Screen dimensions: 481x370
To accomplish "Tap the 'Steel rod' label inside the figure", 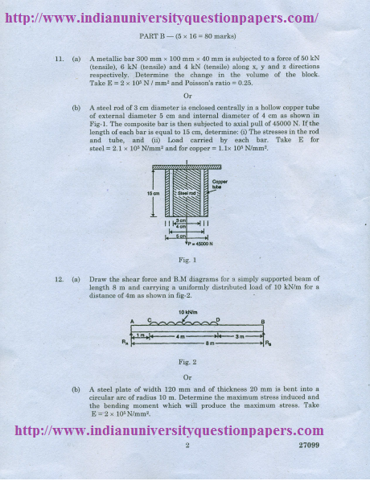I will (x=187, y=194).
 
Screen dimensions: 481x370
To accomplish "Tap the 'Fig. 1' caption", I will (x=187, y=260).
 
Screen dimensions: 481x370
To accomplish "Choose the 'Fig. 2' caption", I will (x=187, y=361).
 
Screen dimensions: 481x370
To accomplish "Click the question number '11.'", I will (x=60, y=60).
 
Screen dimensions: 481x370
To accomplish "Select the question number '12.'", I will (x=60, y=277).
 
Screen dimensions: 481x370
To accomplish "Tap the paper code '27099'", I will (x=310, y=445).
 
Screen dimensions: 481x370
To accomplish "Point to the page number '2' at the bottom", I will (x=187, y=445).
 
